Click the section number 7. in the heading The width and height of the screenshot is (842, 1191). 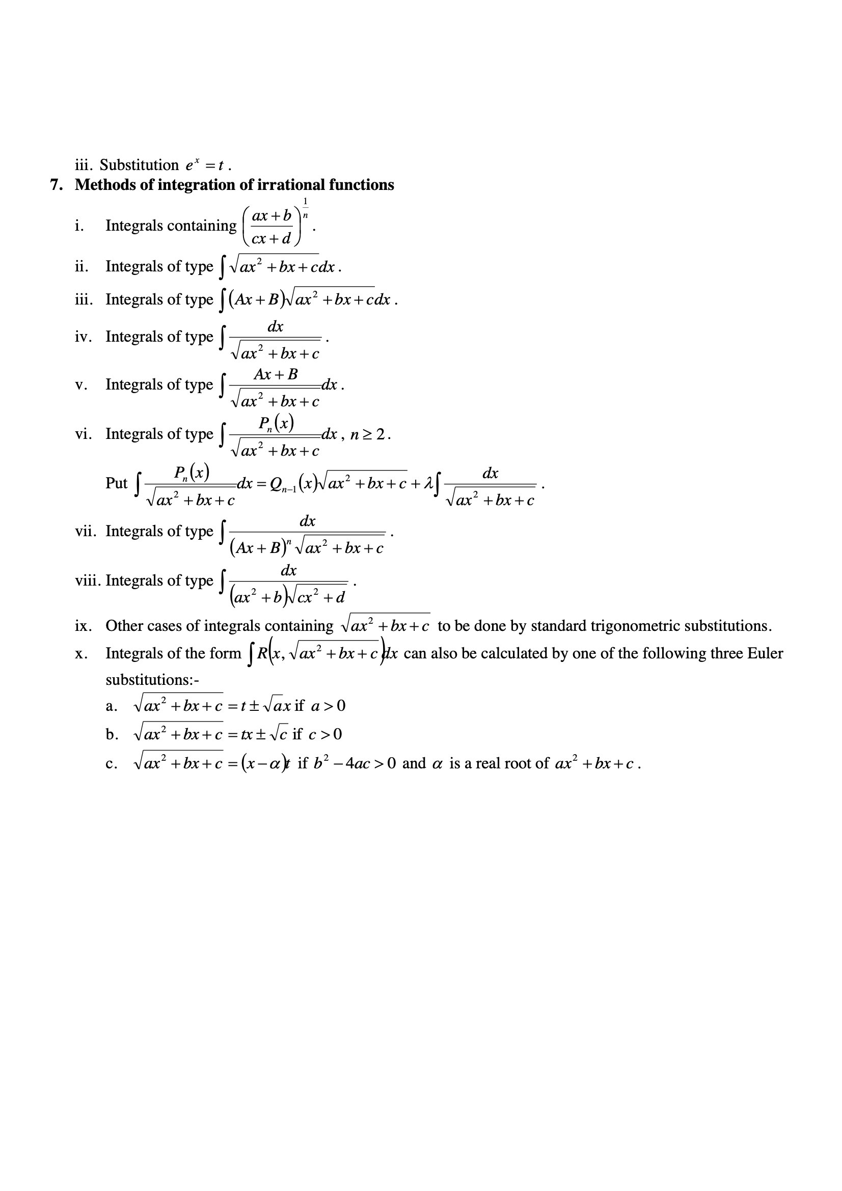(x=57, y=185)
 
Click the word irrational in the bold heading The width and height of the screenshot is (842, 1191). (x=291, y=185)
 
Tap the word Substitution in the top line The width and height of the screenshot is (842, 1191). (x=139, y=165)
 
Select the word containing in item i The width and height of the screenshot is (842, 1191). (x=203, y=226)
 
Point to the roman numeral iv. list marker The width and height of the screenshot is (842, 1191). (x=84, y=337)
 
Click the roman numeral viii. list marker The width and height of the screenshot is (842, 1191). (x=88, y=580)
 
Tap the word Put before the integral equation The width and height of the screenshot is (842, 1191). (x=116, y=483)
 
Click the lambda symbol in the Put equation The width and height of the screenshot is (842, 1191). (x=428, y=483)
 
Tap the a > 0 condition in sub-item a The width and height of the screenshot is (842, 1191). (x=328, y=706)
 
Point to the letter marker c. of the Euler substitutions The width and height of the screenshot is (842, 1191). (x=111, y=764)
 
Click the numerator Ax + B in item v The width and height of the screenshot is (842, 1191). (x=276, y=374)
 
